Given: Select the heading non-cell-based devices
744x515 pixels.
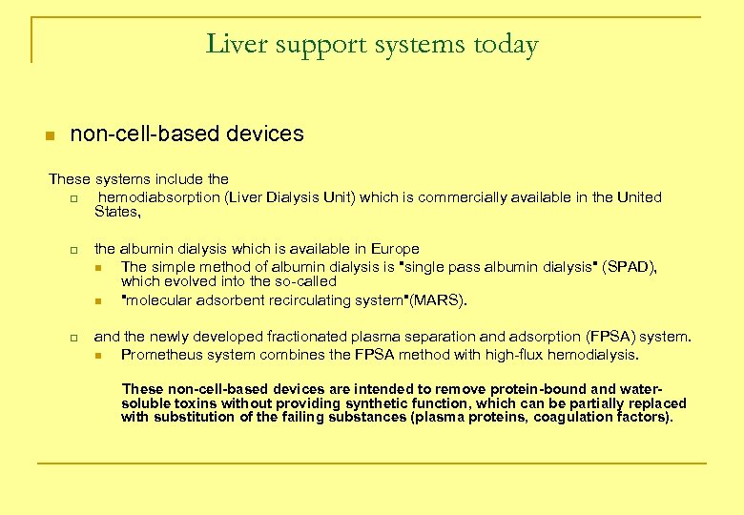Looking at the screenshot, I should pos(187,134).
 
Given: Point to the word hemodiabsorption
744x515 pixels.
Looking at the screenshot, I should pos(165,197).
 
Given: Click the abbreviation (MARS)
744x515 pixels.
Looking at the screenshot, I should pos(439,300).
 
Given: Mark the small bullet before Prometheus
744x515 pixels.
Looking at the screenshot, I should pos(99,356).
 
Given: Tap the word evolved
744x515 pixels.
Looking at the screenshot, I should pos(192,281).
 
